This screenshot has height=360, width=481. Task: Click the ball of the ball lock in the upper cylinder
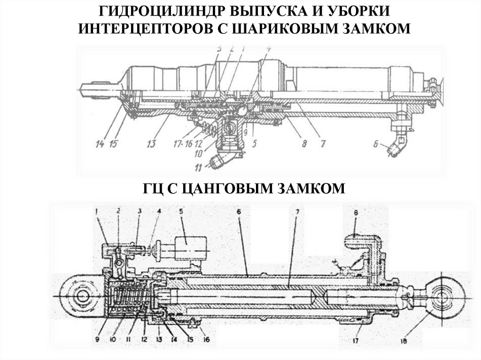tap(241, 110)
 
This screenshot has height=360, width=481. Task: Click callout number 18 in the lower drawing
tap(404, 341)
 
